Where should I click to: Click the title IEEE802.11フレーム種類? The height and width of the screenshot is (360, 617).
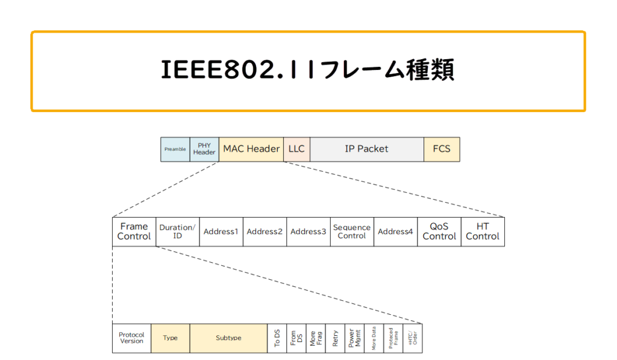click(x=308, y=71)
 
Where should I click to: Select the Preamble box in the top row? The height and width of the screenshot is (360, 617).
click(x=175, y=149)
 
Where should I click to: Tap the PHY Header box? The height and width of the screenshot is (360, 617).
click(x=204, y=149)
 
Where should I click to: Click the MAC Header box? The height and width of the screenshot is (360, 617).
click(x=251, y=149)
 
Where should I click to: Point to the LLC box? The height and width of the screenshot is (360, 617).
click(x=296, y=149)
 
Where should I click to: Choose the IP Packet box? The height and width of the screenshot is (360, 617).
click(x=366, y=149)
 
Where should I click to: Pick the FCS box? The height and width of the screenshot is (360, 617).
click(x=442, y=149)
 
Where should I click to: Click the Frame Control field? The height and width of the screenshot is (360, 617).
click(x=134, y=232)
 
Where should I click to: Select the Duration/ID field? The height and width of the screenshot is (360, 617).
click(x=178, y=232)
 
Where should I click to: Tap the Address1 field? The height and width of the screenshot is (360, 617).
click(x=221, y=232)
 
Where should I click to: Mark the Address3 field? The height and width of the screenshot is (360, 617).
click(x=308, y=232)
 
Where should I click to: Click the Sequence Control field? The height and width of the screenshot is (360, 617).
click(x=352, y=232)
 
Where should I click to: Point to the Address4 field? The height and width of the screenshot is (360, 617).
click(x=395, y=232)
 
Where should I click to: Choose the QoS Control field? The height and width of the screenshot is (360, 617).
click(x=439, y=232)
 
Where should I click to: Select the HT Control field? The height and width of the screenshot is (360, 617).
click(x=483, y=232)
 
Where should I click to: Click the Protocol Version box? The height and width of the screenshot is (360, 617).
click(x=131, y=338)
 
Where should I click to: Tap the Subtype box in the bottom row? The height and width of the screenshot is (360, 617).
click(x=228, y=338)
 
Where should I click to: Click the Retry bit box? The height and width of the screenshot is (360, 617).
click(x=336, y=338)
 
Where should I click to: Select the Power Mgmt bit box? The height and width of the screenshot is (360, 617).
click(x=355, y=338)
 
